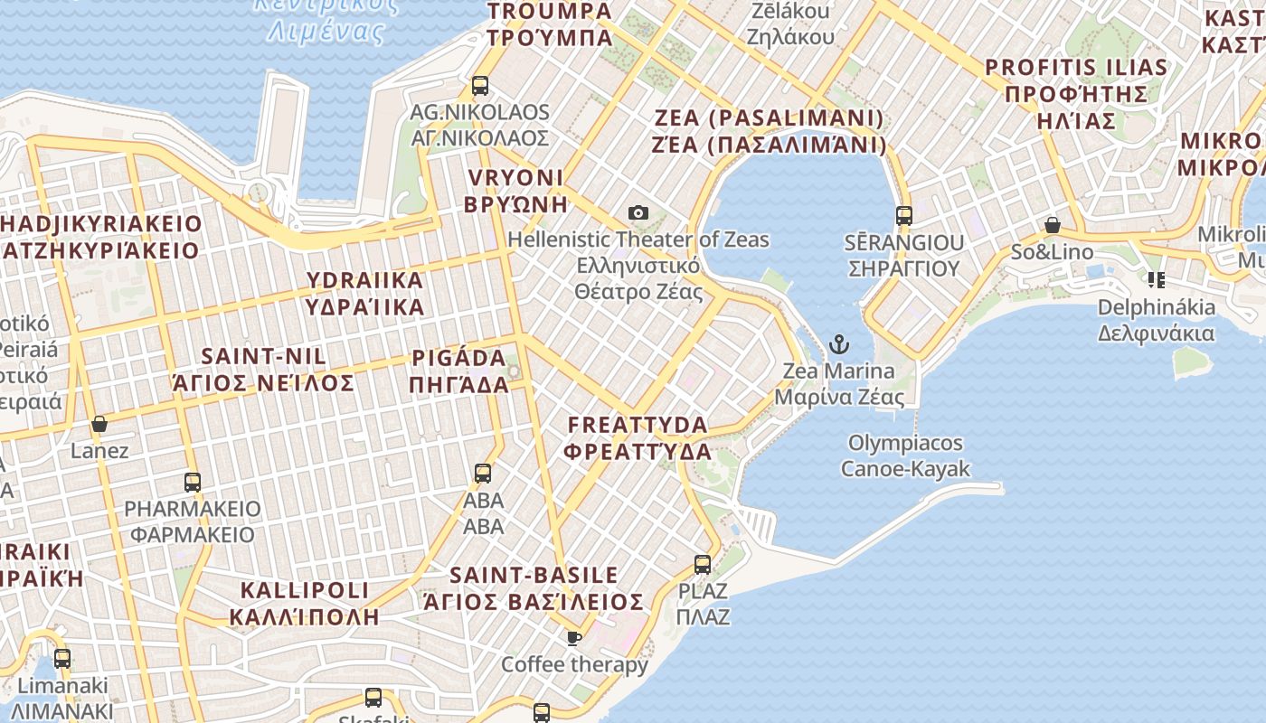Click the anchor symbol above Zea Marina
pyautogui.click(x=839, y=344)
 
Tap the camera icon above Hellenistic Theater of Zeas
pyautogui.click(x=638, y=212)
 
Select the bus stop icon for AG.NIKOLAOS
pyautogui.click(x=480, y=86)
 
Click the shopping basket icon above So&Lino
pyautogui.click(x=1052, y=225)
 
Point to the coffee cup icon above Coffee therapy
pyautogui.click(x=573, y=638)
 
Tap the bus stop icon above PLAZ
pyautogui.click(x=703, y=565)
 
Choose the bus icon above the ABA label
pyautogui.click(x=483, y=473)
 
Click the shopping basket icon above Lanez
pyautogui.click(x=99, y=424)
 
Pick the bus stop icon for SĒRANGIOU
pyautogui.click(x=903, y=215)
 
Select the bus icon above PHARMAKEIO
pyautogui.click(x=193, y=482)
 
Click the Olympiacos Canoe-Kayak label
pyautogui.click(x=905, y=455)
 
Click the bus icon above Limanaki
pyautogui.click(x=62, y=658)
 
